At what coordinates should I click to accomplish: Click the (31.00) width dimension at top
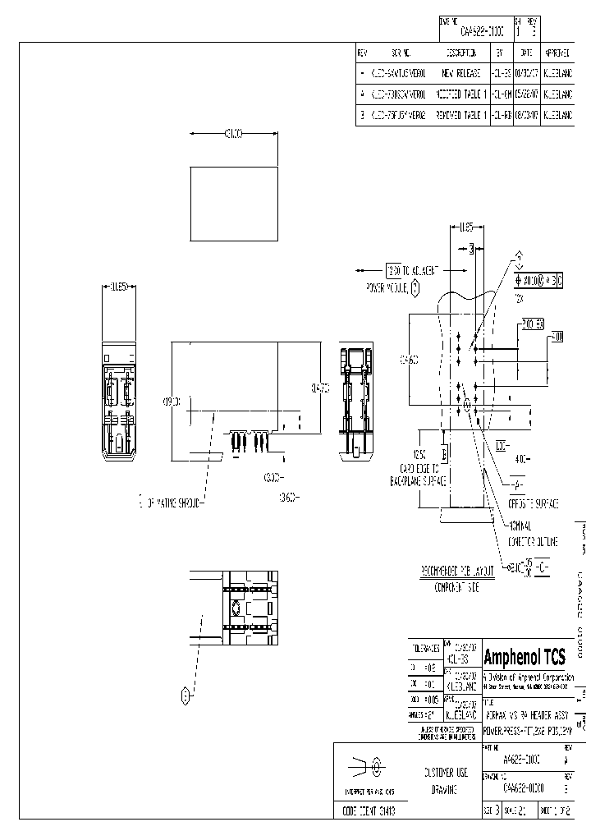[233, 134]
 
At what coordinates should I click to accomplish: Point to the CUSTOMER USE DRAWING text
[446, 780]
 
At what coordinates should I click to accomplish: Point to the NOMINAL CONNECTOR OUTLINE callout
[534, 533]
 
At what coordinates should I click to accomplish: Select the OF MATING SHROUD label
[172, 499]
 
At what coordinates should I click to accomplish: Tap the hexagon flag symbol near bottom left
[186, 697]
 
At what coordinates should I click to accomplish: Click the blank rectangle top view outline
[234, 204]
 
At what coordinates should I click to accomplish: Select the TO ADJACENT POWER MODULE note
[402, 278]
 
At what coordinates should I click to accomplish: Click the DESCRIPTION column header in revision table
[461, 52]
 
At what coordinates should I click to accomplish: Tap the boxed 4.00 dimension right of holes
[556, 337]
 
